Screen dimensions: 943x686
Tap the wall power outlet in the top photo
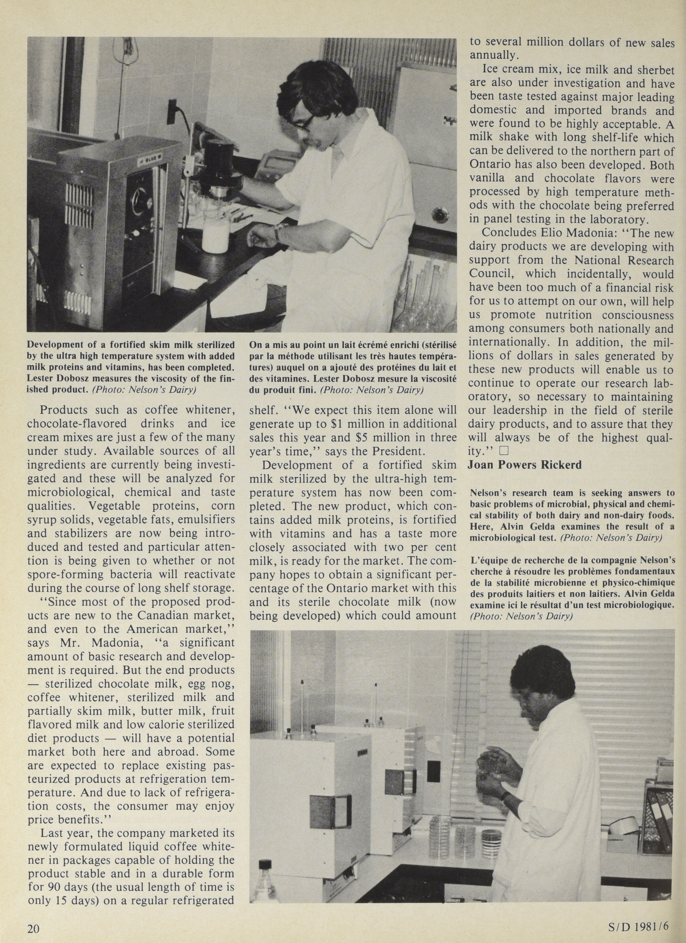172,111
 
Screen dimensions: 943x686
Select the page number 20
33,929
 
